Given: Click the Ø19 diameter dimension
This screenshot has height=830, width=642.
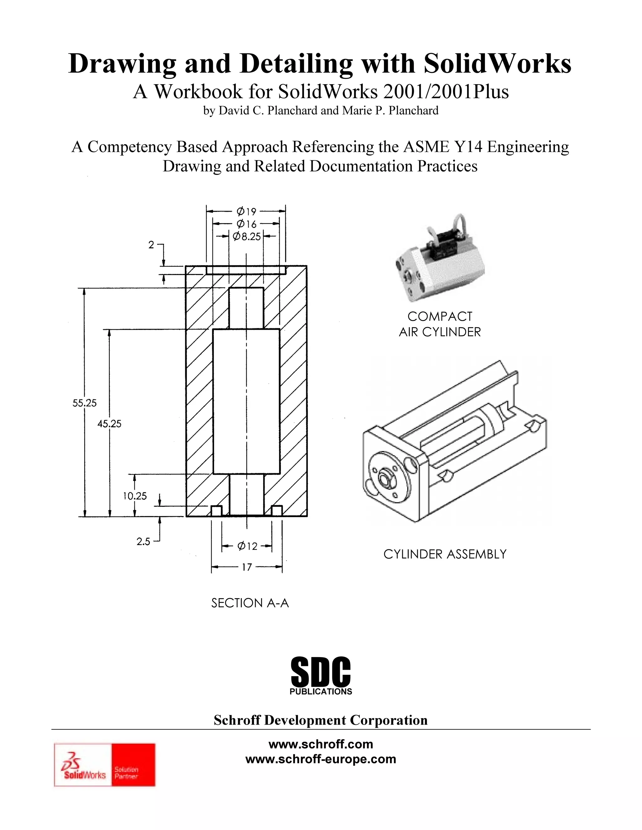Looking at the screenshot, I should tap(246, 211).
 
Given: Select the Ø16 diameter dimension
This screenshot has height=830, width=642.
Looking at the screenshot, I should tap(246, 224).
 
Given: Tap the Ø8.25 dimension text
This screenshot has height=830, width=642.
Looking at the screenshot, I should tap(246, 237).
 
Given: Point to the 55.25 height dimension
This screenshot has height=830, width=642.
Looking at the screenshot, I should tap(84, 403).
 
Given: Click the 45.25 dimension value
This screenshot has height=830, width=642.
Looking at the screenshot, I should tap(109, 424).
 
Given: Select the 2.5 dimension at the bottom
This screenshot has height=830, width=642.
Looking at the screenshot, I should tap(143, 542).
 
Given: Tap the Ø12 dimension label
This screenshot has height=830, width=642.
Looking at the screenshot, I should tap(247, 547).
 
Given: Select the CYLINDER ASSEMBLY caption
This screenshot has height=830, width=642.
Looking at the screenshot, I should tap(445, 554).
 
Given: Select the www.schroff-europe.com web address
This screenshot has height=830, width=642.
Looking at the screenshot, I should tap(321, 759).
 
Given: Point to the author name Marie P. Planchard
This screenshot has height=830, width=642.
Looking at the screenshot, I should tap(390, 111).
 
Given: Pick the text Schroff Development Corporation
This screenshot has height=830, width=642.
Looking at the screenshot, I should tap(321, 720).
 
